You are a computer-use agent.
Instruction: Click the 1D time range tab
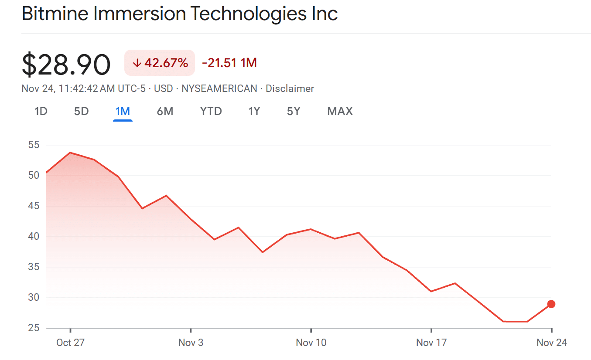tap(41, 111)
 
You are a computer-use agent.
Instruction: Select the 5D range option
tap(81, 111)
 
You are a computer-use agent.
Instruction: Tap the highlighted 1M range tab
tap(123, 111)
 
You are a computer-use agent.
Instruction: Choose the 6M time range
tap(165, 111)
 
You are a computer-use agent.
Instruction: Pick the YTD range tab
tap(211, 111)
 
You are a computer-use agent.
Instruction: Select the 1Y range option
tap(254, 111)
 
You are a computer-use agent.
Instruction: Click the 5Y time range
tap(294, 111)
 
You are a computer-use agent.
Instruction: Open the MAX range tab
tap(340, 111)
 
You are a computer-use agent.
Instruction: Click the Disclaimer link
tap(290, 88)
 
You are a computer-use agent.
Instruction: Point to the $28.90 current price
tap(66, 65)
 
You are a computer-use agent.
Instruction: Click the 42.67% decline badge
tap(160, 63)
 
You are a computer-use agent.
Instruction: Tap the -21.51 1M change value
tap(229, 63)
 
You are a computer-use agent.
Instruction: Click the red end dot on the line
tap(551, 304)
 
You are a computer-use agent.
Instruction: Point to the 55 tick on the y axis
tap(34, 145)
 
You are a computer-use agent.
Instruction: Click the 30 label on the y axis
tap(34, 298)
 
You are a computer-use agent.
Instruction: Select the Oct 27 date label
tap(70, 343)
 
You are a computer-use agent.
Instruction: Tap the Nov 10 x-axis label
tap(311, 343)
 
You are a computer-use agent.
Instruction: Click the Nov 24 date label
tap(552, 343)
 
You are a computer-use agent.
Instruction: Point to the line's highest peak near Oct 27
tap(70, 153)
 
